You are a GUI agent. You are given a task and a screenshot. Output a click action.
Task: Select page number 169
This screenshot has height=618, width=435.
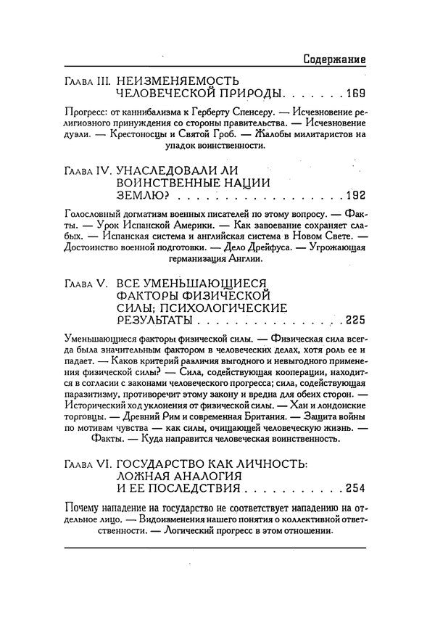point(357,94)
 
